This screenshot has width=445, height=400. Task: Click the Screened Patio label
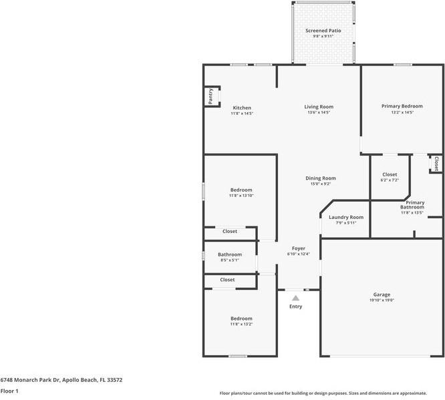click(x=323, y=30)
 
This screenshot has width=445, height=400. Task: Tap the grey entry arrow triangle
click(x=296, y=298)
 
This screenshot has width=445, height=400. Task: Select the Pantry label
click(x=210, y=96)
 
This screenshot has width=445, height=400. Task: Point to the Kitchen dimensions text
click(x=242, y=114)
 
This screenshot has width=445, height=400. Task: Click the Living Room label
click(x=319, y=107)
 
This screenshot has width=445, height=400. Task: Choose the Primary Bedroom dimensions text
click(x=402, y=112)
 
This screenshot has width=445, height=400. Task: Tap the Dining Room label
click(x=321, y=178)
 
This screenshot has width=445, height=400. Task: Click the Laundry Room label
click(x=346, y=217)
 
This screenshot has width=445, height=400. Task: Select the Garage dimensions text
click(x=382, y=300)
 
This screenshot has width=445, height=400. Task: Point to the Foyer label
click(x=299, y=248)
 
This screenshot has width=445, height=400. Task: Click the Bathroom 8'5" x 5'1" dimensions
click(x=230, y=260)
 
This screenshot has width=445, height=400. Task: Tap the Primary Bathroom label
click(x=413, y=205)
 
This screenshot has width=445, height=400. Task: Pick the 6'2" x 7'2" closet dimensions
click(x=390, y=180)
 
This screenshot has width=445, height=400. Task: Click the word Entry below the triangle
click(x=296, y=307)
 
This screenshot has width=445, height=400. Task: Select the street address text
click(x=61, y=380)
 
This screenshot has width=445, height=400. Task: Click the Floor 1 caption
click(x=9, y=391)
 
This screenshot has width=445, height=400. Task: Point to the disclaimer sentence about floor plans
click(x=323, y=393)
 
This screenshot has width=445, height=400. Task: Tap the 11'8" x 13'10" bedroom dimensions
click(x=241, y=196)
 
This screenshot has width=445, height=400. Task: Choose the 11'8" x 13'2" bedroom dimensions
click(x=241, y=325)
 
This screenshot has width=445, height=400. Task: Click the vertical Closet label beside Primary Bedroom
click(x=436, y=164)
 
